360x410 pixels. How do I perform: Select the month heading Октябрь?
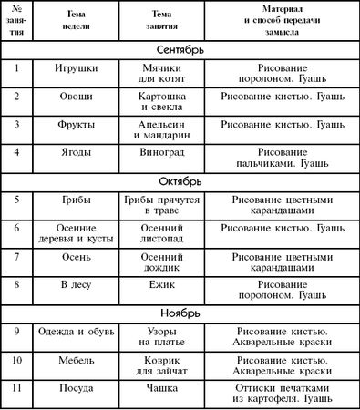tap(180, 180)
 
